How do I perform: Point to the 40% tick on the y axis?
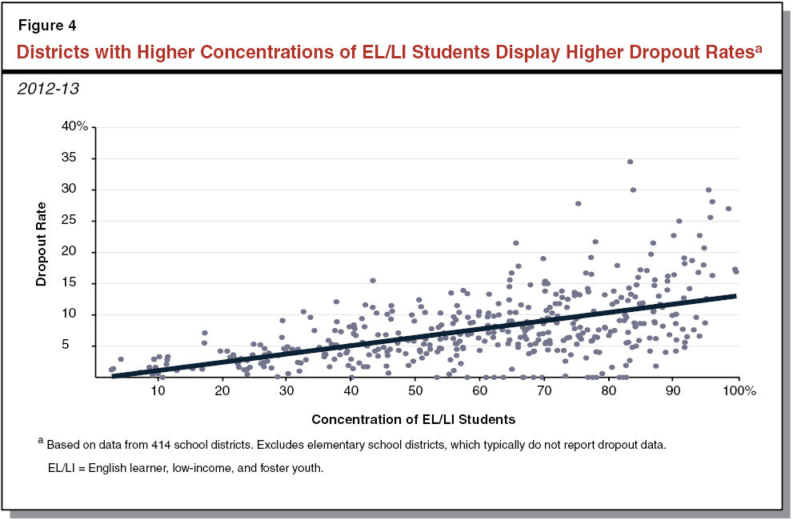(77, 126)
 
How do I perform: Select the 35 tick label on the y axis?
(80, 158)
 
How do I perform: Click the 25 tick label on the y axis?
(80, 220)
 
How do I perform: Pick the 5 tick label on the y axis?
(83, 346)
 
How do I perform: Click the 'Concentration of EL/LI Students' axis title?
(413, 419)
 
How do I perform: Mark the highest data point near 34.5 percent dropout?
(630, 162)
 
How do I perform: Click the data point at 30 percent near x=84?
(633, 190)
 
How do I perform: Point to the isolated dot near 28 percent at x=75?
(578, 203)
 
